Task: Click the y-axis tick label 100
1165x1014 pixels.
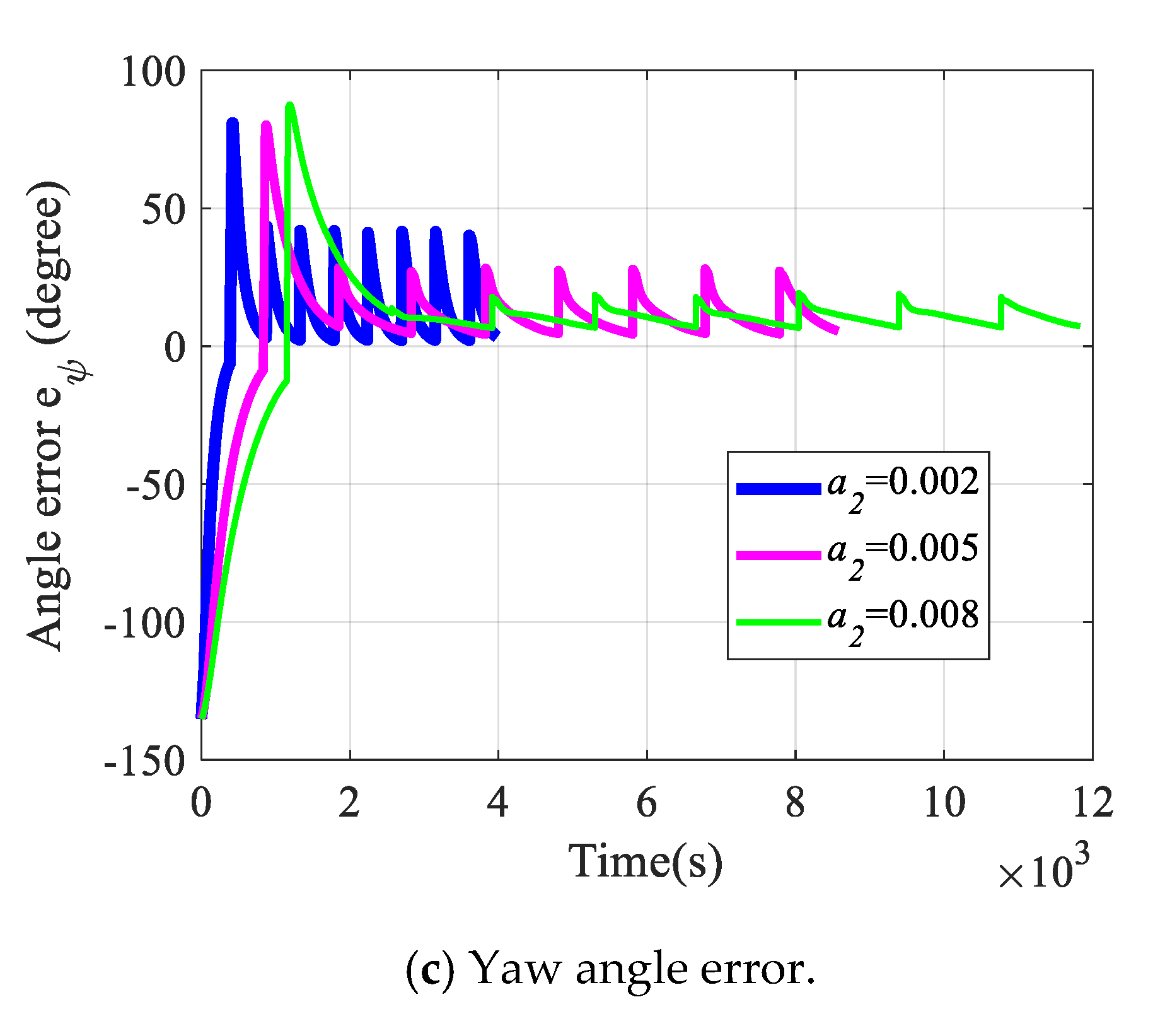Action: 153,72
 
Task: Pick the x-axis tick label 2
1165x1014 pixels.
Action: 349,804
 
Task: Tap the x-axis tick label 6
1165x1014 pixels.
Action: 647,804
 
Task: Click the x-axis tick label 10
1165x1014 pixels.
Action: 944,804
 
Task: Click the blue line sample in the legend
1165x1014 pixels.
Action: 779,489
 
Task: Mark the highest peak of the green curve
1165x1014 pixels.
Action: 290,106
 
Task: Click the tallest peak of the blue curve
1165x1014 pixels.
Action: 233,122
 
